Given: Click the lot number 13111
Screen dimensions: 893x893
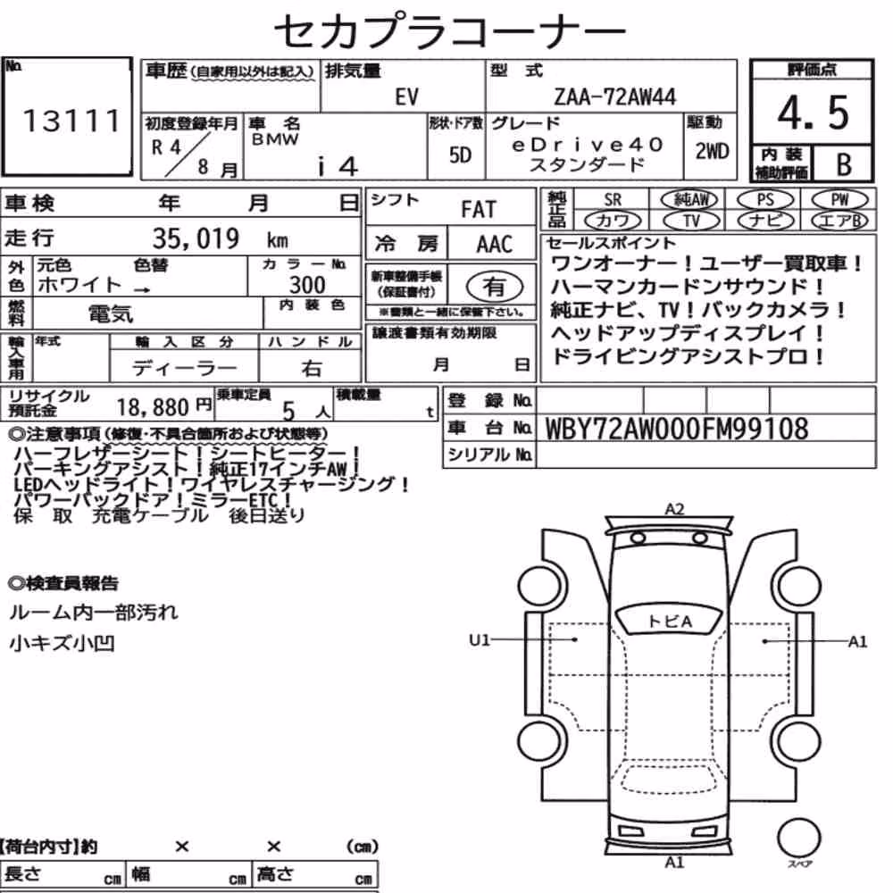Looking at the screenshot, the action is [71, 121].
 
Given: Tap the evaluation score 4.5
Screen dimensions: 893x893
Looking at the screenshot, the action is [813, 113].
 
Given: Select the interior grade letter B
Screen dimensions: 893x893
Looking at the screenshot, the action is [844, 164].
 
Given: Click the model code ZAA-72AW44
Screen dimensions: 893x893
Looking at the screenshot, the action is [614, 96].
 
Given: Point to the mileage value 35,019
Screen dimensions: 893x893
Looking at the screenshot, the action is [196, 238].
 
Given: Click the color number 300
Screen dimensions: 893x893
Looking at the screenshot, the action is [307, 284].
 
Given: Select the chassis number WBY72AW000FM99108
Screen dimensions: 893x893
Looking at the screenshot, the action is [677, 429].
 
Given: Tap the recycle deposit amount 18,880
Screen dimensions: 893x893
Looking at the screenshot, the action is [153, 407].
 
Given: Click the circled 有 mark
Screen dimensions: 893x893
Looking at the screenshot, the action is [494, 287].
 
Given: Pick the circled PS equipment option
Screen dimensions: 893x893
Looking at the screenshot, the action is [764, 200].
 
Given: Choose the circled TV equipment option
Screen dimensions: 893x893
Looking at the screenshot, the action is [691, 221].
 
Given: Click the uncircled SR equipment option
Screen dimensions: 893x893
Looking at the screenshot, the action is [613, 200].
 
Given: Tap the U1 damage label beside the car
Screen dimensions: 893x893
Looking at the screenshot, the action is [479, 640].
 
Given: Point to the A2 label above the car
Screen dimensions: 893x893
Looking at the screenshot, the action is [674, 509].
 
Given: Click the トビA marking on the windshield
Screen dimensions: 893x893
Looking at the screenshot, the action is [670, 621].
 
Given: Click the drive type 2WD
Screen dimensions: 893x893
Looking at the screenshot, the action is [712, 152].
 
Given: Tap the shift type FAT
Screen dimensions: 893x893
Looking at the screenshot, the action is [479, 210].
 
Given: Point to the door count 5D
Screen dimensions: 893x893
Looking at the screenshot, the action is [460, 154].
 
